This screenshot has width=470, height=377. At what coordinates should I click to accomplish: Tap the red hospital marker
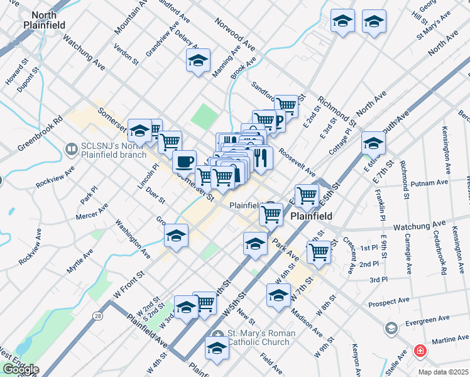[419, 351]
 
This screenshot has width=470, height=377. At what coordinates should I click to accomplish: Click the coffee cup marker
[184, 161]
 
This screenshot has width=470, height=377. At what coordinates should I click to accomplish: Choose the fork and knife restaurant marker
[261, 158]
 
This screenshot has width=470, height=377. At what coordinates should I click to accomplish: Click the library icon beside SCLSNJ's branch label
[72, 150]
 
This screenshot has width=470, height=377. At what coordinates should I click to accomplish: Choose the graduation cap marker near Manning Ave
[197, 60]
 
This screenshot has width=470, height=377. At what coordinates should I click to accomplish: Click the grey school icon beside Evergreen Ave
[391, 328]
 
